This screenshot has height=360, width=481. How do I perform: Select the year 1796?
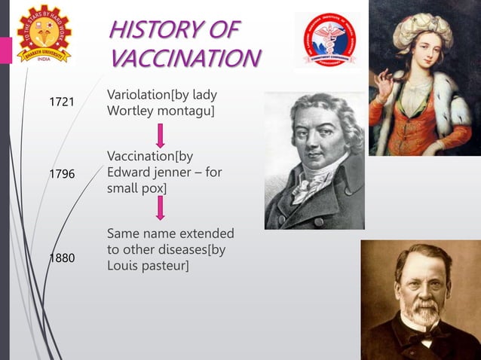pos(62,174)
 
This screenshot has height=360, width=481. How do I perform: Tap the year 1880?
pos(62,258)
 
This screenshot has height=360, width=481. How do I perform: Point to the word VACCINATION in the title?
pos(185,58)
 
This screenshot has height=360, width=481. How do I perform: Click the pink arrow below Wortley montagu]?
pos(160,136)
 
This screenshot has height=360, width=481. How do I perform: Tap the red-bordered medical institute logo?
pos(327,40)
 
